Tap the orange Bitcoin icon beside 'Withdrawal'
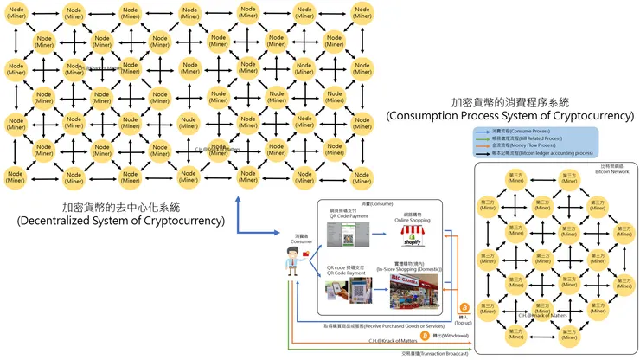point(425,336)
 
